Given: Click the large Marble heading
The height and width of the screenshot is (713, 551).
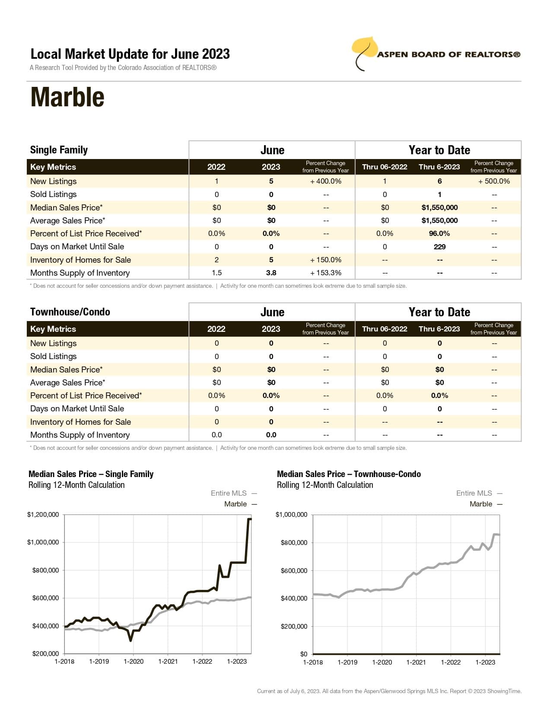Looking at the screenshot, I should click(67, 97).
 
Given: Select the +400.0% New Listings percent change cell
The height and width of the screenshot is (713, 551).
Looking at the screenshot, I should click(325, 181).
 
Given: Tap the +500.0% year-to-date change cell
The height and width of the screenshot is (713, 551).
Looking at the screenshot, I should click(494, 181).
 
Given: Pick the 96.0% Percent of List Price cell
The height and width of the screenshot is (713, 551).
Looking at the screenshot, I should click(439, 233).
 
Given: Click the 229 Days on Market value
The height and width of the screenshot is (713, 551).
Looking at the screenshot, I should click(439, 247).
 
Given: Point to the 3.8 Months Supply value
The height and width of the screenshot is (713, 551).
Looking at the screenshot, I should click(271, 273).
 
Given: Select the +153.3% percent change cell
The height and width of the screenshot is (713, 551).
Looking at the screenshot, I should click(325, 273).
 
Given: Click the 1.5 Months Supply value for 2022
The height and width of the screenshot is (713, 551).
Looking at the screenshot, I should click(217, 273).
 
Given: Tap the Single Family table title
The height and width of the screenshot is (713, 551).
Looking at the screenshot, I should click(59, 150).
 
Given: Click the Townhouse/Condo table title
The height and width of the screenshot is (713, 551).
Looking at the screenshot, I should click(70, 312).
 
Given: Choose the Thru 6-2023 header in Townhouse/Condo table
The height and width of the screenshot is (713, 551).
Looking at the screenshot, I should click(439, 329).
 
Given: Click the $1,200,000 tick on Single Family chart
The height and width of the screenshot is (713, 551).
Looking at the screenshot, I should click(43, 515).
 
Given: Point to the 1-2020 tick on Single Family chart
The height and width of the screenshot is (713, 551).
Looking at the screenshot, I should click(134, 662).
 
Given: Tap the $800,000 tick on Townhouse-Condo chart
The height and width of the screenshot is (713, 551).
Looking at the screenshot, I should click(294, 543).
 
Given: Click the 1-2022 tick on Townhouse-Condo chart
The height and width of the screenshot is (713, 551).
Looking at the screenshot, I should click(450, 662).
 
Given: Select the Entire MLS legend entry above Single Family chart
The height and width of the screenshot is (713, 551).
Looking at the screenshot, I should click(229, 493).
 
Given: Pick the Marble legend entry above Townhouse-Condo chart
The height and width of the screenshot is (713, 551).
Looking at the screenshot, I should click(481, 504).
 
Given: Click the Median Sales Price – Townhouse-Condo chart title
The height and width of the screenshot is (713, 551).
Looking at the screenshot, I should click(349, 474).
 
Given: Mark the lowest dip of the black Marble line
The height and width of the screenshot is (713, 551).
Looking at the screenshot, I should click(131, 640).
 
